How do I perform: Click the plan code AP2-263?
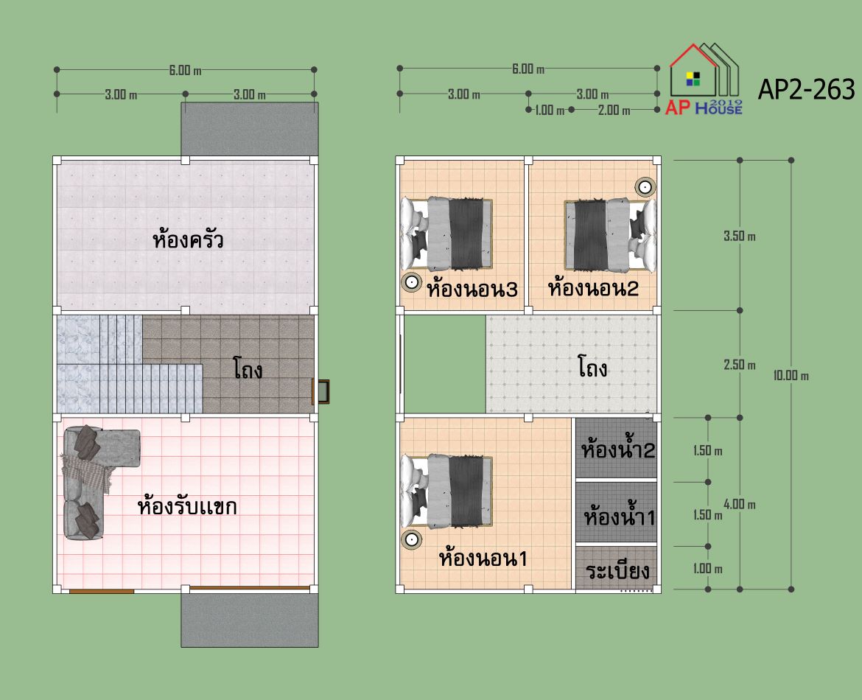pos(806,90)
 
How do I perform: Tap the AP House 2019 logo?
pos(704,79)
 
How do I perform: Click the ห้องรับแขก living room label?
pos(187,505)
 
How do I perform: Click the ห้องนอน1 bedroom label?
pos(483,558)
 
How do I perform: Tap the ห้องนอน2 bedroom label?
pos(593,287)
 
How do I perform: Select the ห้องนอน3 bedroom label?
pos(472,289)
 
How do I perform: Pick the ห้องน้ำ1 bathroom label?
pos(619,516)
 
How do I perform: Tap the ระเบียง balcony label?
pos(617,571)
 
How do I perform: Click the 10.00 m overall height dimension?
pos(791,376)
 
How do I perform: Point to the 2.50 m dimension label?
pos(740,365)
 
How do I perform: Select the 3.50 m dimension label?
pos(740,237)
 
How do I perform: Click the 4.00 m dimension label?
pos(740,504)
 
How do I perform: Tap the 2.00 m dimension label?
pos(614,110)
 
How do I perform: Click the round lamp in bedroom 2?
pos(645,187)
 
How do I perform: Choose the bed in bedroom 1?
pos(446,491)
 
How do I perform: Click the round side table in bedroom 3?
pos(411,282)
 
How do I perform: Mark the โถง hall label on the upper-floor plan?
pos(592,367)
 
